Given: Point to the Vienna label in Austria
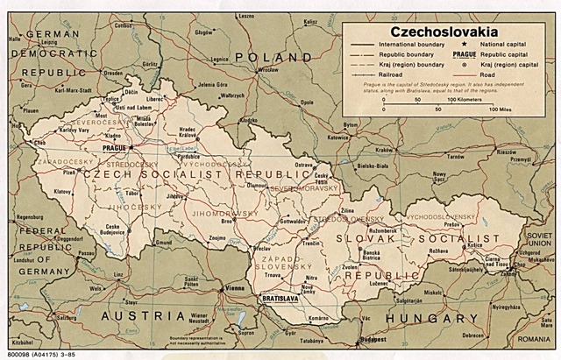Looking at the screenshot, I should (235, 288).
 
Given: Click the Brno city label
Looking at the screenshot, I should (227, 222).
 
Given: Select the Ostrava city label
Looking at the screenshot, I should (303, 165).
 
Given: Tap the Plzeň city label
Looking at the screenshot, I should (67, 173).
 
